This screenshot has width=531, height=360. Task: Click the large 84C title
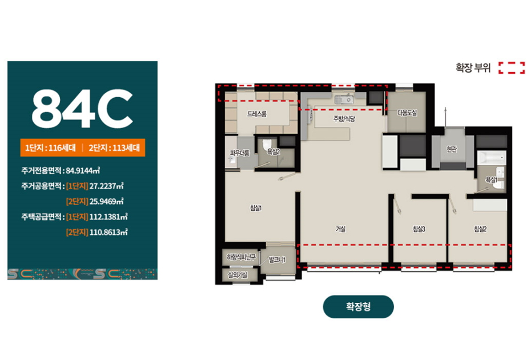pos(82,109)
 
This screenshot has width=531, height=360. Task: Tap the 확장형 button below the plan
pos(359,307)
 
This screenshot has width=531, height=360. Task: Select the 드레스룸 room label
pos(257,114)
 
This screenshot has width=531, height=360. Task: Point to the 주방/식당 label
pos(344,119)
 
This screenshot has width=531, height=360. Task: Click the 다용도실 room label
pos(407,113)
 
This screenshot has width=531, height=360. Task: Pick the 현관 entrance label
pos(452,149)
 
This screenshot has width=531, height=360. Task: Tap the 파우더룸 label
pos(240,153)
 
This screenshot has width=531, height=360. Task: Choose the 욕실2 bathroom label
pos(273,151)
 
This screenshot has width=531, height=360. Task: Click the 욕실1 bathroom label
pos(491,179)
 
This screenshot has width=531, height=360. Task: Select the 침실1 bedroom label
pos(256,208)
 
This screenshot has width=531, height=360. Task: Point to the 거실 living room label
pos(340,229)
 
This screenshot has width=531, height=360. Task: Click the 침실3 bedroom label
pos(419,229)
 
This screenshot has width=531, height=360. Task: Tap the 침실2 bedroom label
pos(480,229)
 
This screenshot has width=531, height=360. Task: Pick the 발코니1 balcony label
pos(277,260)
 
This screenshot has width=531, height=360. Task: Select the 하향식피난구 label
pos(241,257)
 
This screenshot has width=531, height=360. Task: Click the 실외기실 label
pos(238,275)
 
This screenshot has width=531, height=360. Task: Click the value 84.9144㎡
pos(83,170)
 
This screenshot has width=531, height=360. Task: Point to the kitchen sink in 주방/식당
pos(344,99)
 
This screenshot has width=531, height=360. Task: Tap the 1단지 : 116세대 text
pos(50,148)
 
